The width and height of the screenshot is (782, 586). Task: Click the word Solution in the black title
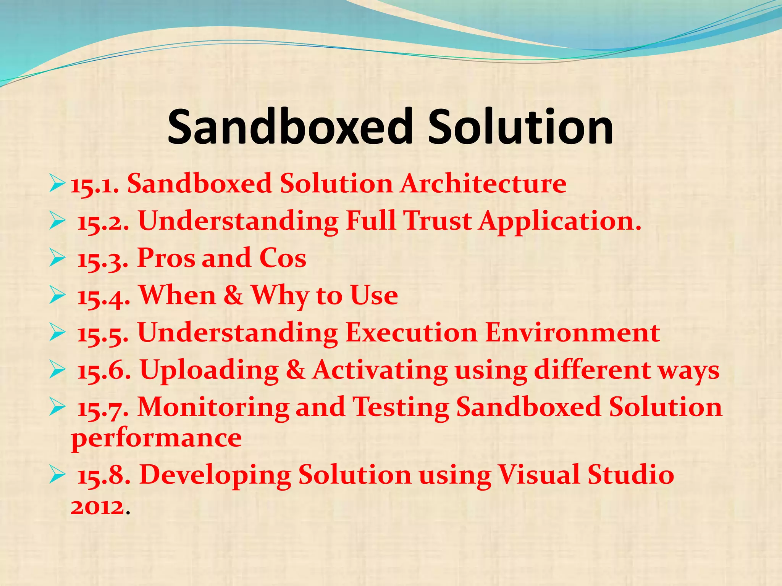(520, 127)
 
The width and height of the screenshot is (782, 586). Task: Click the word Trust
(438, 221)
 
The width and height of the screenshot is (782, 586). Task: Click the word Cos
(283, 258)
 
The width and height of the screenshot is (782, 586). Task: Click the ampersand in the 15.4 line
(233, 295)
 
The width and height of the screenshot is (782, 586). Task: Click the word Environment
(572, 332)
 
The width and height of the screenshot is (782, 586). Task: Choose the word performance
(156, 438)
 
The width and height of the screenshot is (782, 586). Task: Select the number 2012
(98, 507)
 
